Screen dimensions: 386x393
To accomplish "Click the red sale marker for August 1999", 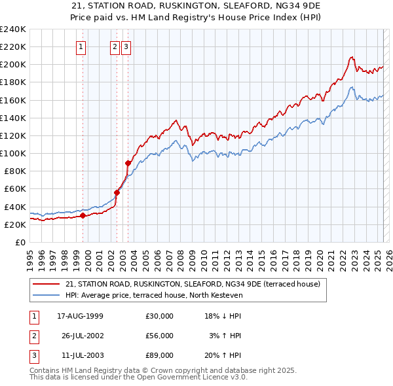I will (83, 215).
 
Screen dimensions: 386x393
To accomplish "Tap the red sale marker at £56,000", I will (117, 192).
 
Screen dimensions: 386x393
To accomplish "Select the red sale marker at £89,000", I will (128, 163).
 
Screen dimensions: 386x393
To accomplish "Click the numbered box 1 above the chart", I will (82, 46).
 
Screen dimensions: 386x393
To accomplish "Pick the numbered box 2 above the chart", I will (115, 46).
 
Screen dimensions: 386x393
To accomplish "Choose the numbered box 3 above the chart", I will (126, 46).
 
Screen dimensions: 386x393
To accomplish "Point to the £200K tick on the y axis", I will (13, 64).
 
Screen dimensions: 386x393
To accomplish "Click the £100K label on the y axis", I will (13, 153).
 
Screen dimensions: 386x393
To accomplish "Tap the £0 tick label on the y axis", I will (20, 242).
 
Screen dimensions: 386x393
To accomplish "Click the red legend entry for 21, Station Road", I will (193, 284).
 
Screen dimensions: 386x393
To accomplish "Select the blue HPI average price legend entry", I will (154, 295).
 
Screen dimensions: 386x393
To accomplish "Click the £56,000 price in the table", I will (160, 336).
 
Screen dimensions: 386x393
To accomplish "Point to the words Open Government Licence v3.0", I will (192, 377).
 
